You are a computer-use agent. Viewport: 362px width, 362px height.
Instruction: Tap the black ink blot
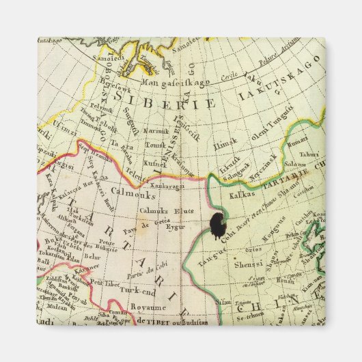point(218,225)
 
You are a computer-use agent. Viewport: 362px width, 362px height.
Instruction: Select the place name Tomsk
point(154,144)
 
